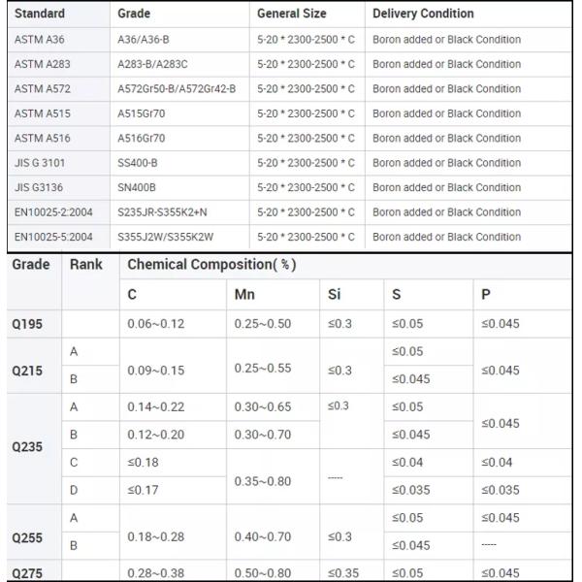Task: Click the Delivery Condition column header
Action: pos(423,14)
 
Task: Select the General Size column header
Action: pos(291,14)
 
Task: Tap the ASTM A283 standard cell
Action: pos(42,64)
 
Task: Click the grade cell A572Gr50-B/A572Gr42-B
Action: pos(176,88)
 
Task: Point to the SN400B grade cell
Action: pos(137,187)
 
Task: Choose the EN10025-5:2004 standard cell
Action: pos(54,236)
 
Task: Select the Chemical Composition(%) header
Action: pos(211,264)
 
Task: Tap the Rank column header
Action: pos(85,264)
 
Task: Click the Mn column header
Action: pos(244,294)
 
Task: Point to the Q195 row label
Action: pos(27,324)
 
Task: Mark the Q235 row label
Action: pos(27,447)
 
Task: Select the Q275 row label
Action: pos(27,572)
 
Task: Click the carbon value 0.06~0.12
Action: pos(155,324)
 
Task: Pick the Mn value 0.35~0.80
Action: pos(262,480)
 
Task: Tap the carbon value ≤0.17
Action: pos(143,491)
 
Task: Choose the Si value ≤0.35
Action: pos(344,572)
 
